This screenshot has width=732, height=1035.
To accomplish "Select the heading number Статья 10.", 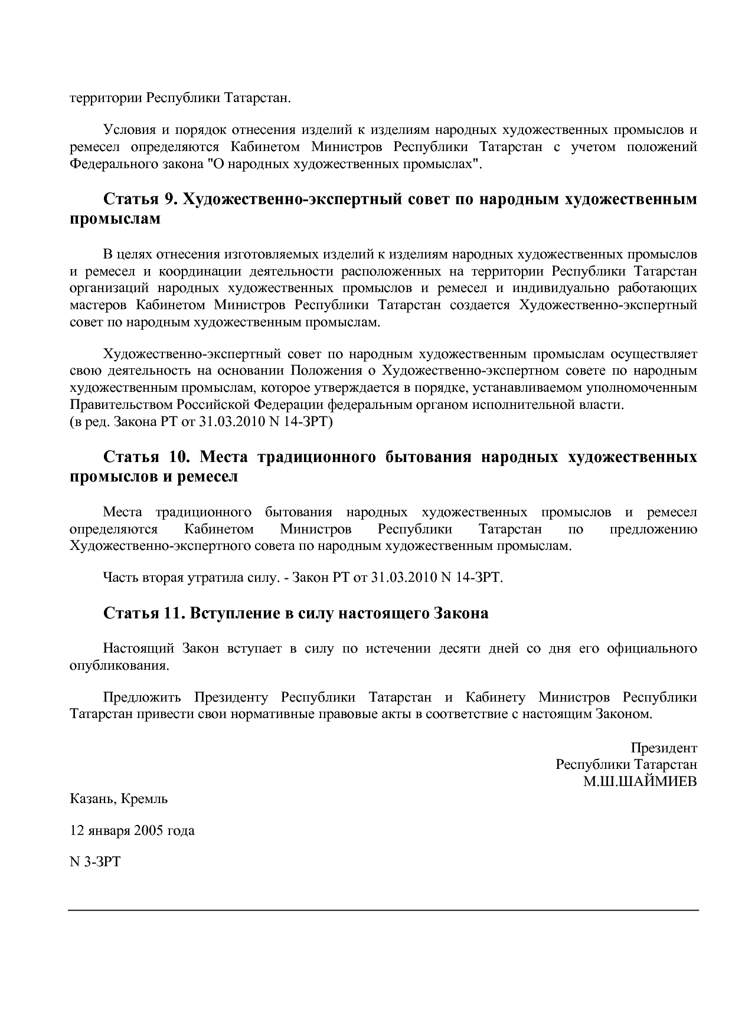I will tap(145, 457).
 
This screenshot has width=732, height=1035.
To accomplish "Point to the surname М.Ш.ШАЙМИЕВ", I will tap(640, 782).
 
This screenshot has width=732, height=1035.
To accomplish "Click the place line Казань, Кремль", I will tap(119, 799).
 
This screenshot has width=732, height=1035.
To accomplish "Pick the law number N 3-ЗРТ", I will tap(95, 862).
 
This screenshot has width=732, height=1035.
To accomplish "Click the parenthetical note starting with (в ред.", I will tap(201, 422).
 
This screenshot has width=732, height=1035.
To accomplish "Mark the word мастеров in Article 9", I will tap(99, 306).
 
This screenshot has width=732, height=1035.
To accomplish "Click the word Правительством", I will tap(122, 405).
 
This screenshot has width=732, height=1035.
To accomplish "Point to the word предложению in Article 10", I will tap(653, 529).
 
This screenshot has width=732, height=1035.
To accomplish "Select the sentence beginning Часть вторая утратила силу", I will tap(303, 577).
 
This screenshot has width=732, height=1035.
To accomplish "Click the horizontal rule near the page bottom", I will tap(383, 910).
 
